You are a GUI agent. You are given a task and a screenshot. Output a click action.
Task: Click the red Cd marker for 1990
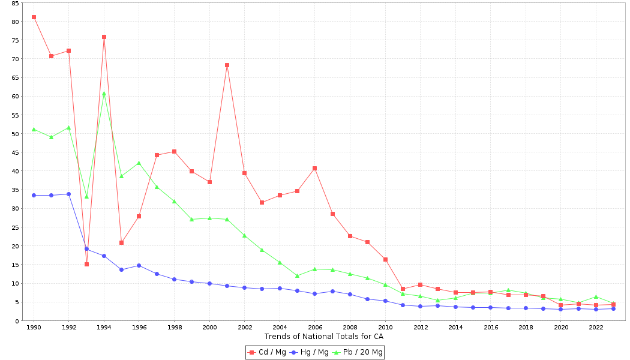(34, 17)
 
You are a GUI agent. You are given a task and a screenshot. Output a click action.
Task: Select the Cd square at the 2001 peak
(227, 65)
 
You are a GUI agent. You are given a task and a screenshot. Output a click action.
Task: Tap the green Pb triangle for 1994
(104, 94)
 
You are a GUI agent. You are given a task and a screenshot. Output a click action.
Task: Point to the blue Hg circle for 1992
(68, 194)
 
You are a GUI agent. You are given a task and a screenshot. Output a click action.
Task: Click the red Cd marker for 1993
(86, 264)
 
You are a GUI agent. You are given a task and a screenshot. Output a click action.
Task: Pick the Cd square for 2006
(314, 168)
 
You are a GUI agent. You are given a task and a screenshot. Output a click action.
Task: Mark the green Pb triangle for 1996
(139, 163)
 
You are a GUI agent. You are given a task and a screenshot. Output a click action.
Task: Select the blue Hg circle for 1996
(139, 265)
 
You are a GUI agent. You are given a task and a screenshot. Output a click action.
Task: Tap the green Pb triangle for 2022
(596, 296)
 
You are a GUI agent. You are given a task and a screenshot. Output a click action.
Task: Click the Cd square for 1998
(174, 151)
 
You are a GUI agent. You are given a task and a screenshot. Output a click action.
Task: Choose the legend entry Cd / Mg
(268, 352)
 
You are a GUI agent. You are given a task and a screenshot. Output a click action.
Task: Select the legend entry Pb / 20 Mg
(358, 352)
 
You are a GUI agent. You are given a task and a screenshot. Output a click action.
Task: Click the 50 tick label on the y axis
(15, 134)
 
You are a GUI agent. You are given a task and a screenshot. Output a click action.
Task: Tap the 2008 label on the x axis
(350, 328)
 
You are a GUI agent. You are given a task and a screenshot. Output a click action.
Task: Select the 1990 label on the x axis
(34, 328)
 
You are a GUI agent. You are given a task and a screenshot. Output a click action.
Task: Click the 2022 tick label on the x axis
(596, 328)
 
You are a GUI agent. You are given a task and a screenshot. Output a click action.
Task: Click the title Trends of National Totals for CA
(323, 337)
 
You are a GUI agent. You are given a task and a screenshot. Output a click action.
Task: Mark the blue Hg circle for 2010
(385, 301)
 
